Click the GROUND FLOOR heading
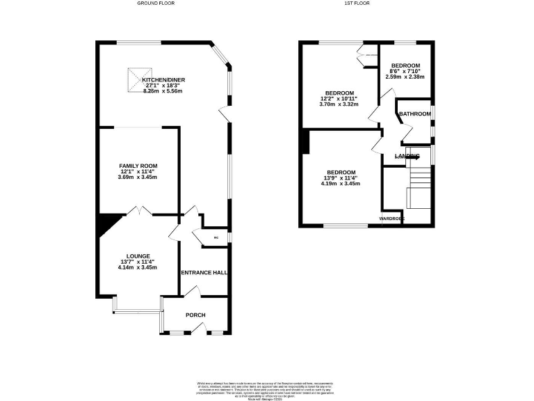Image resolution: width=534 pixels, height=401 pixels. point(156,3)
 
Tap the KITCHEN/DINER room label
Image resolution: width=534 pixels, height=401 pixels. point(163,80)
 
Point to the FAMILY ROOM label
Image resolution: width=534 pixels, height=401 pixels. point(138,165)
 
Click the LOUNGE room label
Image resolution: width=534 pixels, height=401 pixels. point(138,255)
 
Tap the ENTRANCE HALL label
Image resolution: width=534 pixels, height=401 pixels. point(204,272)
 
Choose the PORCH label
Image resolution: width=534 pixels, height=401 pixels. point(195,315)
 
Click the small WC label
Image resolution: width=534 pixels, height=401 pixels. point(216,238)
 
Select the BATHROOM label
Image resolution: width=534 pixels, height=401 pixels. point(414,114)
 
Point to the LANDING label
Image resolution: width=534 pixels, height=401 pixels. point(407,156)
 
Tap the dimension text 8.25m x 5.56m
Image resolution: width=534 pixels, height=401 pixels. point(163,92)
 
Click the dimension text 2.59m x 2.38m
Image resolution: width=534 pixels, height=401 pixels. point(405,77)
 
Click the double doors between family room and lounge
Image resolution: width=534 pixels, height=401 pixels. point(138,210)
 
